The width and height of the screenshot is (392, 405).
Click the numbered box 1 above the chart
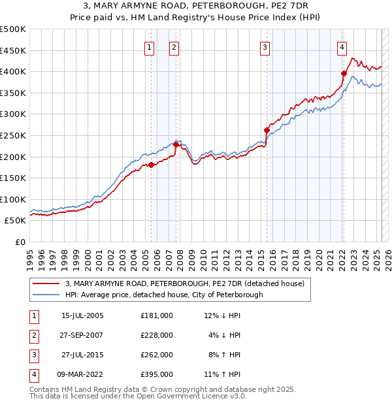(x=150, y=46)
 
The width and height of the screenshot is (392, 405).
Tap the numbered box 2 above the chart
(x=174, y=46)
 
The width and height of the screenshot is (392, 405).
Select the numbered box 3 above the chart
(x=265, y=46)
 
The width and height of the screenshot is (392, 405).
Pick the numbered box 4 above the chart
(x=342, y=46)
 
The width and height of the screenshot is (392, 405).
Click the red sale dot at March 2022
(x=343, y=73)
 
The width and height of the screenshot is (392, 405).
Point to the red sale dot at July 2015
(x=267, y=130)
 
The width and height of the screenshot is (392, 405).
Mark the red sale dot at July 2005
(x=151, y=165)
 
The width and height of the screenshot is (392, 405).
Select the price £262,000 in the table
(x=157, y=355)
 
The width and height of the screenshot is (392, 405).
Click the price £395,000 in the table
(x=157, y=374)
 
